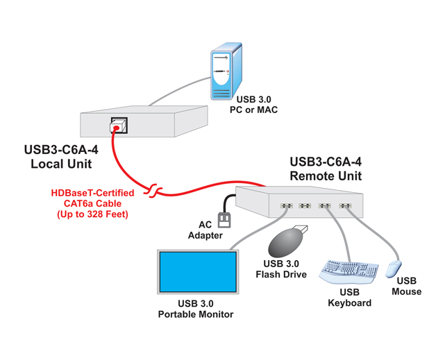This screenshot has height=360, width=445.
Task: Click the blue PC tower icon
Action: [227, 72]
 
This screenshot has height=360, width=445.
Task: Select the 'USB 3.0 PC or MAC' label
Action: [254, 105]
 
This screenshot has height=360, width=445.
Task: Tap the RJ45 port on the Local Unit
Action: [117, 126]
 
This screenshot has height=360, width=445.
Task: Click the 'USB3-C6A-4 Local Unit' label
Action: [62, 156]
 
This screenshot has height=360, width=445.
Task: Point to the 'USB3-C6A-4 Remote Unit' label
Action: [326, 169]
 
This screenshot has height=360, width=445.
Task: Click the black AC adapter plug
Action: [224, 218]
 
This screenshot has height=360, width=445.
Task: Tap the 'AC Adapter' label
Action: [205, 230]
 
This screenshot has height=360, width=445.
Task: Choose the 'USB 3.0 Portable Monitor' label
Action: [196, 309]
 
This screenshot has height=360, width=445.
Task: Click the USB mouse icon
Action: [394, 268]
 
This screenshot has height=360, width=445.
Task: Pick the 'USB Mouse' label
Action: [406, 286]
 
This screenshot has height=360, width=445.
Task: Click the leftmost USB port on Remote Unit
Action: [285, 206]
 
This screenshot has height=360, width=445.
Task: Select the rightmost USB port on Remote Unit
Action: [344, 206]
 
